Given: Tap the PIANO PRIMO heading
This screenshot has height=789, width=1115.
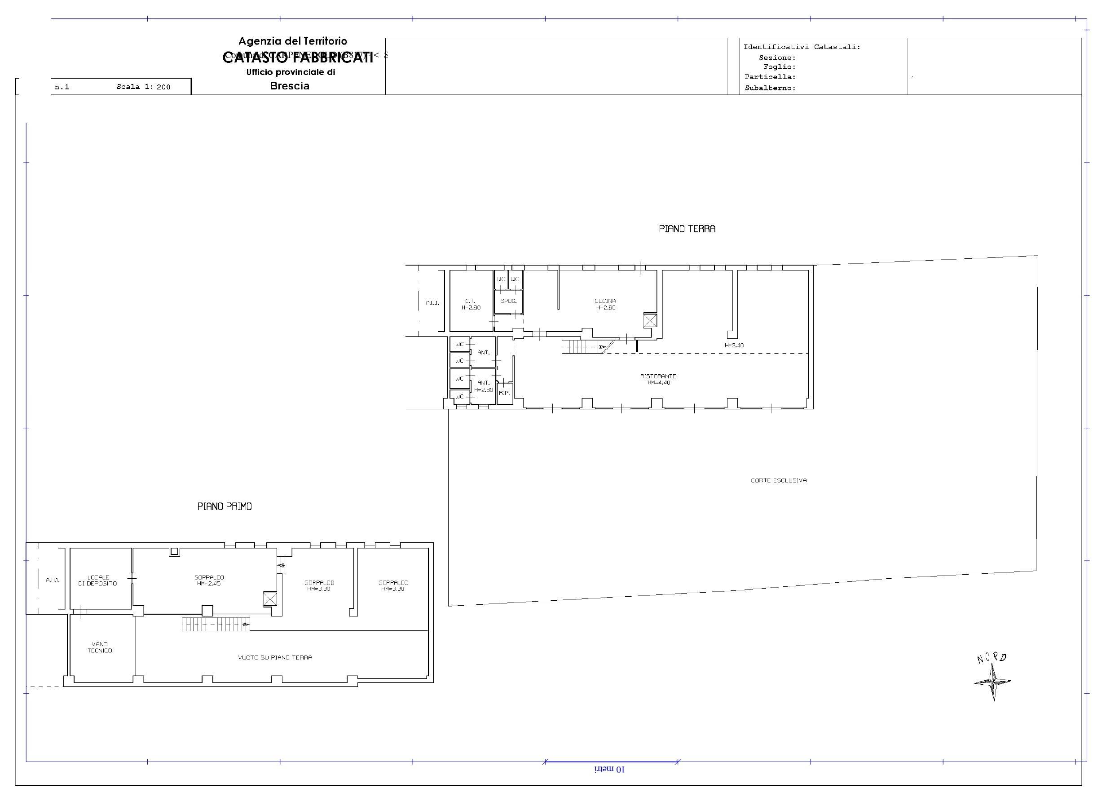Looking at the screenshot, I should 225,506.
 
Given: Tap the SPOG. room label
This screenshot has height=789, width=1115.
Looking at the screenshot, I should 508,301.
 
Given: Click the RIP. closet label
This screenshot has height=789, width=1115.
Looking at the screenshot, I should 504,393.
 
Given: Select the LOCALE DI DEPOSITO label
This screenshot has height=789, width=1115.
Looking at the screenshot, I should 97,581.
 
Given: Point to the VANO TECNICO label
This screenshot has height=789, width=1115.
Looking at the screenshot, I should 100,647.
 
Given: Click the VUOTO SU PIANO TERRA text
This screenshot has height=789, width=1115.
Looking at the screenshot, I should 275,657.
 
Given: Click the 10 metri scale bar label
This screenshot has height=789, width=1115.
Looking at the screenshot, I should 610,770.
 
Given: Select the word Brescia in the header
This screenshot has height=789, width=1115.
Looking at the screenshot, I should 290,86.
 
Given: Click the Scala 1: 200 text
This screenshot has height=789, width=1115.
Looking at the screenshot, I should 143,87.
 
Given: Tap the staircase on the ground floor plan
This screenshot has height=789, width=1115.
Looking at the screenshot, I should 584,347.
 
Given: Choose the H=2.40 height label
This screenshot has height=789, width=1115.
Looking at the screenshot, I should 734,346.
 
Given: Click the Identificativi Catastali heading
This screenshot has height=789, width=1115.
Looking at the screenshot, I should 801,47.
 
